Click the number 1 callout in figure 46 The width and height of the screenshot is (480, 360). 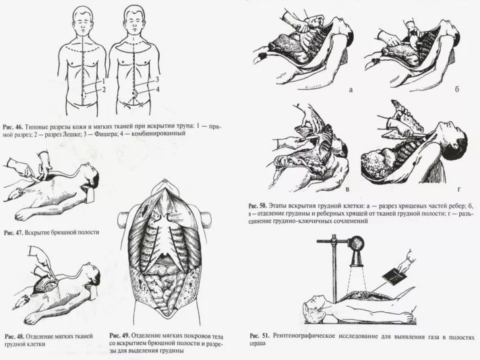tap(104, 81)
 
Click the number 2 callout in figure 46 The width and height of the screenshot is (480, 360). tap(104, 90)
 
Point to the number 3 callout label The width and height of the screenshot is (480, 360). tap(157, 80)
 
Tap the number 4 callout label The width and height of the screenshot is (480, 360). tap(157, 90)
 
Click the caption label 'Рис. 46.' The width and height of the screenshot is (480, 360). tap(13, 127)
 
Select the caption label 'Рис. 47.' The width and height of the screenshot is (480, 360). tap(13, 233)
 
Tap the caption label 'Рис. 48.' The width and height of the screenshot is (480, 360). tap(15, 336)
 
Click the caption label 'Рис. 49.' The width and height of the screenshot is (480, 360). tap(120, 335)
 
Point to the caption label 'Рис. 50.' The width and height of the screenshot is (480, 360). tap(259, 205)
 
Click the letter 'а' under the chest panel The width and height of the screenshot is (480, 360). tap(351, 90)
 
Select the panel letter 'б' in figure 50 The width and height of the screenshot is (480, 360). tap(457, 90)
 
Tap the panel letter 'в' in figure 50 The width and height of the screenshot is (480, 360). tap(347, 189)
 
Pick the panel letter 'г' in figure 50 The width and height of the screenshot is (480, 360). tap(459, 189)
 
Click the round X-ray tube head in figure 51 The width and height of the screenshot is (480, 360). tap(356, 243)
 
